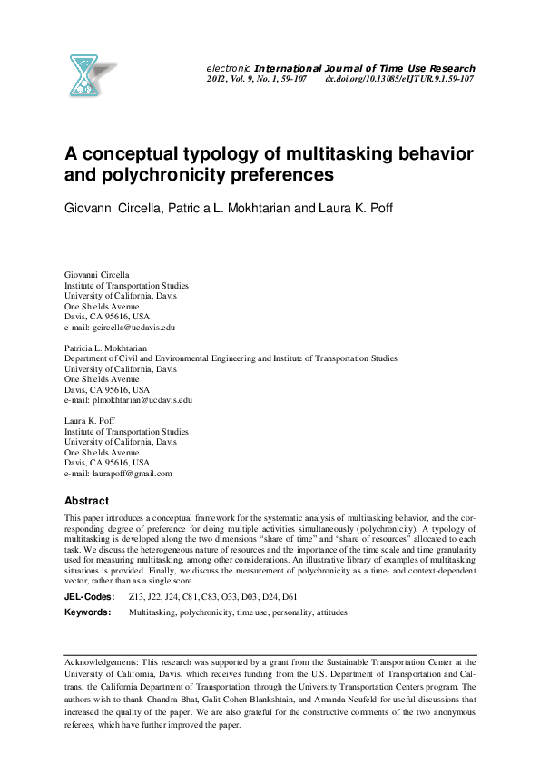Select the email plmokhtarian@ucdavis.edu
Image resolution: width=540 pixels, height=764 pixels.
(x=135, y=399)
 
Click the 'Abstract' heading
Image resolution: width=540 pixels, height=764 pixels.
(x=86, y=501)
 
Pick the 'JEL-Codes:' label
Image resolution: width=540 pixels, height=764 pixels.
(x=89, y=597)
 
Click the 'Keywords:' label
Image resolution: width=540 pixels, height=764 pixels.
(x=87, y=613)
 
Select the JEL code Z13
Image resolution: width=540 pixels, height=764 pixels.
(x=137, y=597)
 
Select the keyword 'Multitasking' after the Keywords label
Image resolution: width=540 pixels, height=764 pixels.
(x=152, y=613)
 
